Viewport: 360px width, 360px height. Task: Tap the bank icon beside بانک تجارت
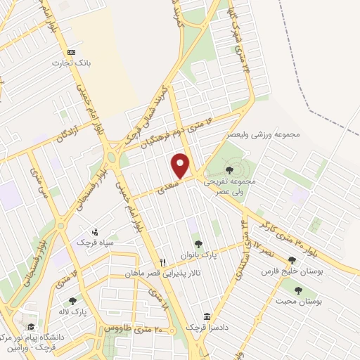pyautogui.click(x=71, y=53)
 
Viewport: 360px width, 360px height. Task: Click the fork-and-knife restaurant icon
pyautogui.click(x=163, y=261)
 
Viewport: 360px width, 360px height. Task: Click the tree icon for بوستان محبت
pyautogui.click(x=298, y=290)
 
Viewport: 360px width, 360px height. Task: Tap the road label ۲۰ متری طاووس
pyautogui.click(x=134, y=328)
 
